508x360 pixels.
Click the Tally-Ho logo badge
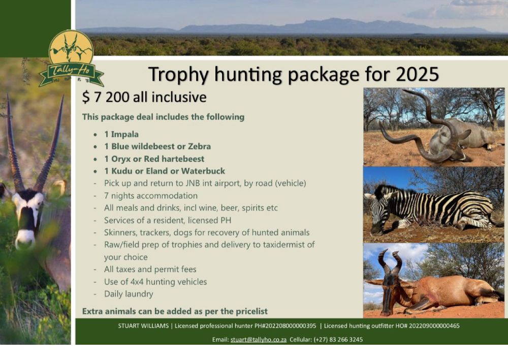(71, 58)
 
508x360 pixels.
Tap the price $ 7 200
(106, 97)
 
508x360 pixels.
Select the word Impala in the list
(125, 134)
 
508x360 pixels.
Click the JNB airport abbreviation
(193, 183)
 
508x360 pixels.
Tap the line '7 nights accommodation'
(151, 196)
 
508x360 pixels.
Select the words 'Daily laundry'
(129, 294)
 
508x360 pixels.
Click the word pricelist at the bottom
(251, 311)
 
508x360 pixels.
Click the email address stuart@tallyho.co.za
(259, 340)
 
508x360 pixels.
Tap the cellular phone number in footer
(338, 340)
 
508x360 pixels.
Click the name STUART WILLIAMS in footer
(144, 326)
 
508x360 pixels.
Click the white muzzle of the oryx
(25, 238)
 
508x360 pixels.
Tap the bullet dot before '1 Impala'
(96, 135)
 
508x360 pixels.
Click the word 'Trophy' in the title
(178, 75)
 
